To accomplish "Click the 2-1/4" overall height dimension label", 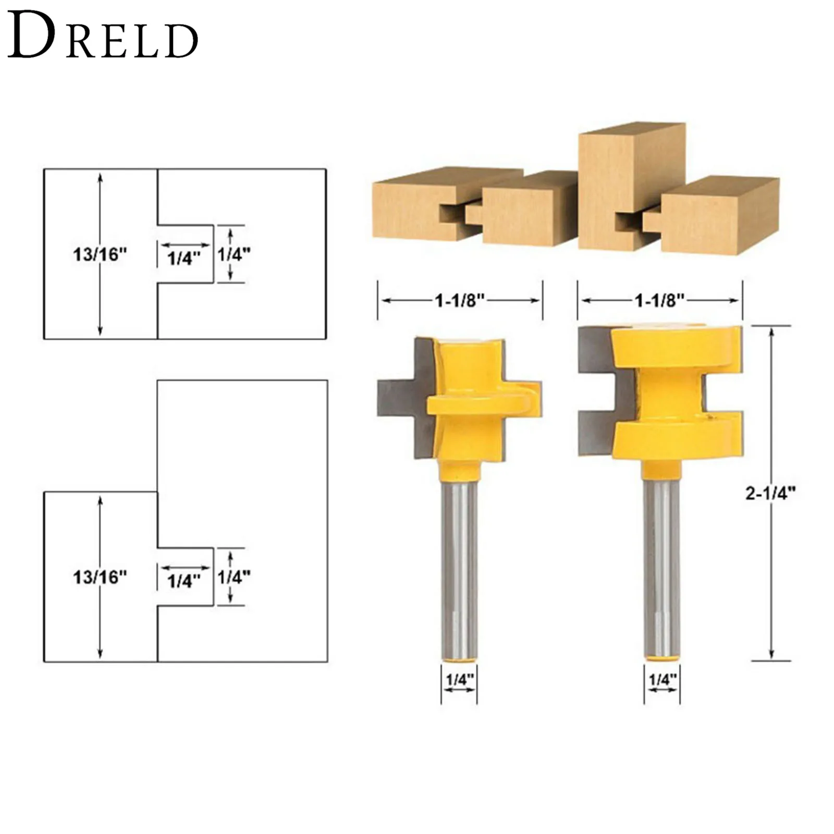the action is [771, 493].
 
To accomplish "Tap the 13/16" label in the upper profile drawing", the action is [100, 255].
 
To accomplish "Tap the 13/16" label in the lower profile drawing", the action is [100, 577].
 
